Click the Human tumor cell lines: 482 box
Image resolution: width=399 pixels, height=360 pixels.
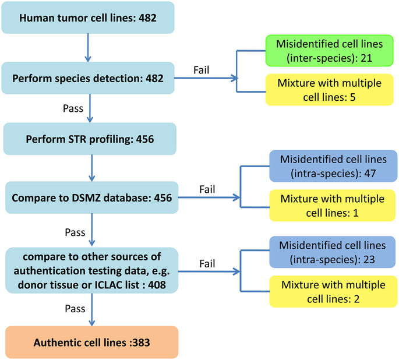click(x=87, y=17)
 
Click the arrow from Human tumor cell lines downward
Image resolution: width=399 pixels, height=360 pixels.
click(x=87, y=47)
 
